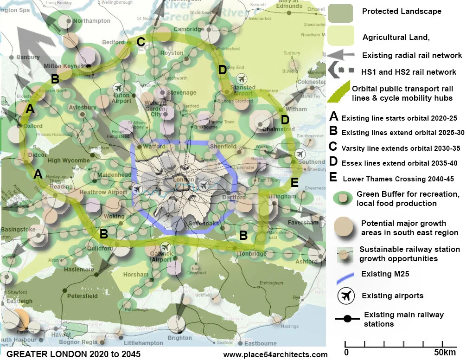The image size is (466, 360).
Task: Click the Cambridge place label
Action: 189,30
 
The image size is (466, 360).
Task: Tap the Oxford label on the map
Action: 32,126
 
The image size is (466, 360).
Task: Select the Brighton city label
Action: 179,338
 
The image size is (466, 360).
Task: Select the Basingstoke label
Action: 18,230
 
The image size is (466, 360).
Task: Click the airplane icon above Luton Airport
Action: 118,88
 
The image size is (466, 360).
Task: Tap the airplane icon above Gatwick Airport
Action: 166,247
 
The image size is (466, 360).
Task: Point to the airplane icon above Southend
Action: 300,154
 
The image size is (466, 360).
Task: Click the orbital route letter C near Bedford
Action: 140,42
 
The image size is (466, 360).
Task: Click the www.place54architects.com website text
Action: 275,355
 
